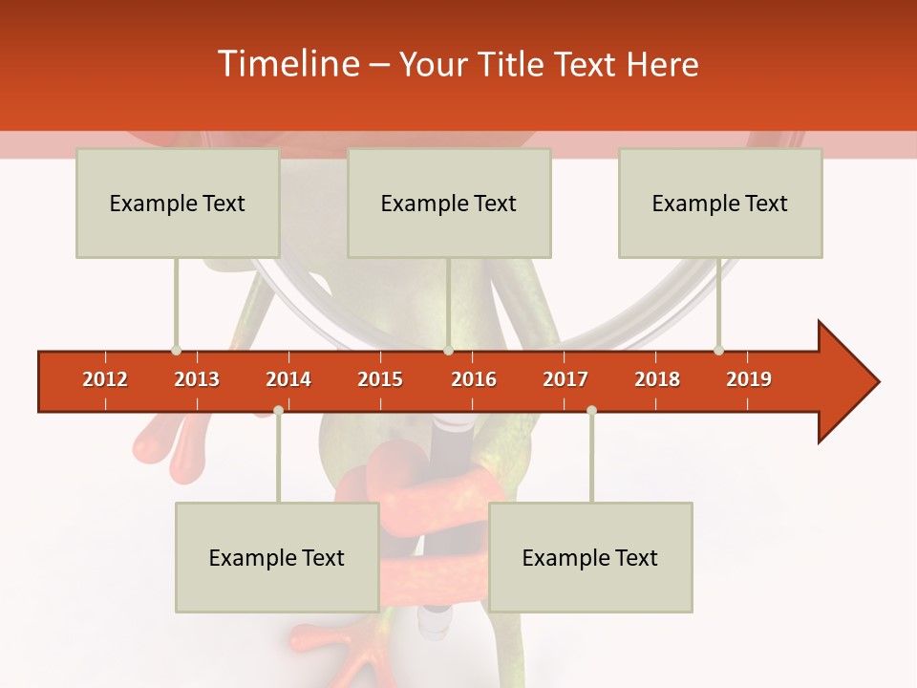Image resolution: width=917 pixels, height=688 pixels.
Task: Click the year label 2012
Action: [105, 379]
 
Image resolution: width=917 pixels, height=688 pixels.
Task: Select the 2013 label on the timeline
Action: [197, 379]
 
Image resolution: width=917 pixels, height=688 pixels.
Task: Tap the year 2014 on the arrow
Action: [288, 379]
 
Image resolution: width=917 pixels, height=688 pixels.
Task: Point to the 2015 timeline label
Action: [380, 379]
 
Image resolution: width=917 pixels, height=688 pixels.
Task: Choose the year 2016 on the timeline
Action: [474, 379]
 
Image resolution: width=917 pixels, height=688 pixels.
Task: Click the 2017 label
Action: [565, 379]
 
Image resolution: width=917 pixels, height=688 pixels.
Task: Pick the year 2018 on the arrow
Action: [657, 379]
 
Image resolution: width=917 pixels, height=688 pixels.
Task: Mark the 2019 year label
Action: [749, 379]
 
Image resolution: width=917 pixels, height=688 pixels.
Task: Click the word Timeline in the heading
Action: [287, 64]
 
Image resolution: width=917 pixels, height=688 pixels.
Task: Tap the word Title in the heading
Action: [515, 64]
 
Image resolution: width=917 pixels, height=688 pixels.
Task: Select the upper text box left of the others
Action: [178, 203]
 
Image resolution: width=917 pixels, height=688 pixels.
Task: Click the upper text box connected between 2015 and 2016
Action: [449, 203]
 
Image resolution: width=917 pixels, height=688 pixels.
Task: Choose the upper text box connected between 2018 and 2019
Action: [720, 203]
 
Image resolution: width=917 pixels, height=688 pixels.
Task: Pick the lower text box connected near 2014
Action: [277, 557]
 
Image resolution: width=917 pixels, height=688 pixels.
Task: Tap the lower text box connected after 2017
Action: [590, 557]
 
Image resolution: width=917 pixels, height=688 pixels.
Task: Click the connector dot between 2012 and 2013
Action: [176, 350]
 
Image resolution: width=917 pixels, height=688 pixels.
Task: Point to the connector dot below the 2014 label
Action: [278, 410]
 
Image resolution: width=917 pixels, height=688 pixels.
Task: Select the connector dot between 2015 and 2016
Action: [448, 350]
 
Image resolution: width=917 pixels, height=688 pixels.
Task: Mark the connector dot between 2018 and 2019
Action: [718, 350]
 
